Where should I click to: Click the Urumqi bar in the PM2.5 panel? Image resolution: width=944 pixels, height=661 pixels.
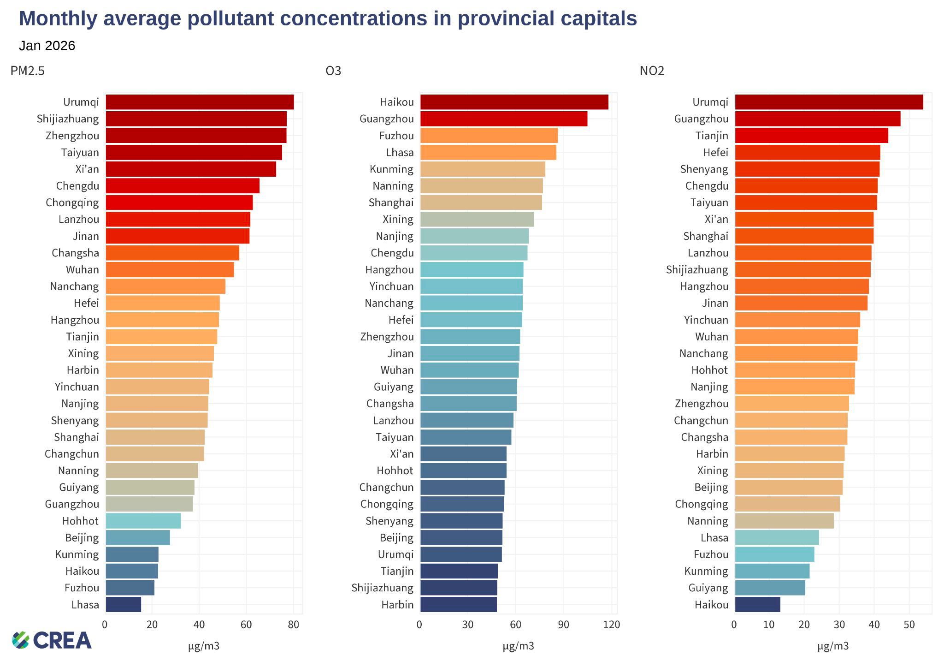(x=200, y=102)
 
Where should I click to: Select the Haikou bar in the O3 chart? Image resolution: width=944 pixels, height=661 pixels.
(x=514, y=102)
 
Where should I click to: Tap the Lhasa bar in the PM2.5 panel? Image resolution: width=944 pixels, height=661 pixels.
(x=124, y=604)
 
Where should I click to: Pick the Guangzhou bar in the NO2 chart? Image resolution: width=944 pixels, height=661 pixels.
(x=817, y=119)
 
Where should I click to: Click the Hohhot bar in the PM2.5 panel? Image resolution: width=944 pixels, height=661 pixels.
(x=143, y=521)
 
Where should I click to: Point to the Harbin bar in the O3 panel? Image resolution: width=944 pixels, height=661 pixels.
(x=459, y=604)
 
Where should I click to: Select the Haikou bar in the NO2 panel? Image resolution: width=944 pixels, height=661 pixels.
(x=757, y=604)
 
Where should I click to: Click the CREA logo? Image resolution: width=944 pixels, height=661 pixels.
(x=52, y=640)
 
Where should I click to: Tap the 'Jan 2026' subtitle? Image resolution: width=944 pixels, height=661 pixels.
(x=47, y=46)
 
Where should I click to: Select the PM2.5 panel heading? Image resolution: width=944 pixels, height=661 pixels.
(x=28, y=71)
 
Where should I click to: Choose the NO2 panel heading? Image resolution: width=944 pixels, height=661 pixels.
(x=652, y=71)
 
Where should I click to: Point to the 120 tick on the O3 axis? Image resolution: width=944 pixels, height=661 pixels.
(x=612, y=625)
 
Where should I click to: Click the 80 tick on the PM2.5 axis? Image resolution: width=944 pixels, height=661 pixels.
(x=294, y=625)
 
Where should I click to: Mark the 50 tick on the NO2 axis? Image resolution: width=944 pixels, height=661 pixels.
(x=909, y=625)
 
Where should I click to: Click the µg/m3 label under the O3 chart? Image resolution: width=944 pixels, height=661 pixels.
(x=518, y=646)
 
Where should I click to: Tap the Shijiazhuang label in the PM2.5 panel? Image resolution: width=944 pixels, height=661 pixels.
(x=68, y=119)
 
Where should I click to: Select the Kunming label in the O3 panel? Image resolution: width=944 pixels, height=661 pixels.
(x=391, y=169)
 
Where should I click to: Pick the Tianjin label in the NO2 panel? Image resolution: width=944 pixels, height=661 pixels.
(x=712, y=136)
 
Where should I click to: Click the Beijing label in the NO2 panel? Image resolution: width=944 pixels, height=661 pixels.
(x=711, y=487)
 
